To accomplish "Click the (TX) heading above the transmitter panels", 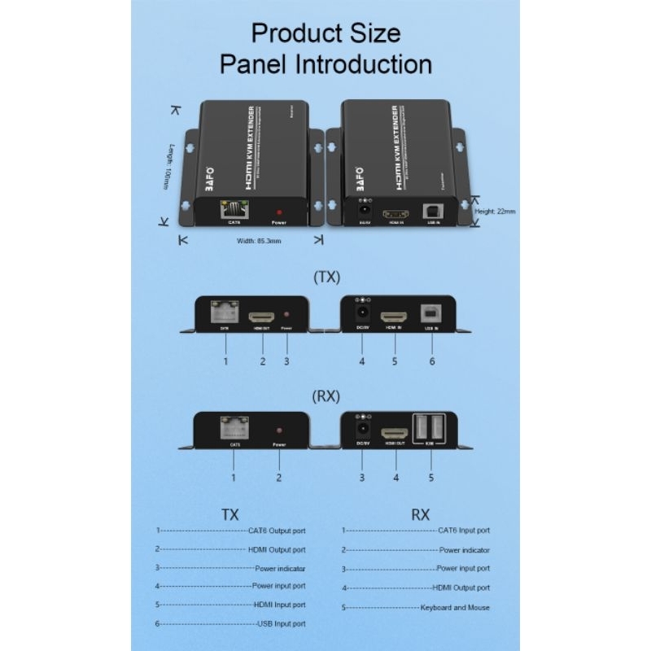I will click(326, 277).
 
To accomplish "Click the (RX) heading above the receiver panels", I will click(326, 396).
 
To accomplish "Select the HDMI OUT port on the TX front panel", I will click(262, 316).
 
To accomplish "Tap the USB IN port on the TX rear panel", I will click(430, 313).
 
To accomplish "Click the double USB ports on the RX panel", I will click(430, 429).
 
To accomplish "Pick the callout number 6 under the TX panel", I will click(431, 360).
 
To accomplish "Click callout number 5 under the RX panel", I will click(431, 478).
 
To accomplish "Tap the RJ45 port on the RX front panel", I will click(234, 429).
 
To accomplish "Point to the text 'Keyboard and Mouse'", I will click(455, 608).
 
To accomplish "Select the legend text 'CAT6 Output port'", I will click(277, 530).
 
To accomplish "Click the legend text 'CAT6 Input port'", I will click(464, 531).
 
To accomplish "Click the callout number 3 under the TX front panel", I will click(286, 360).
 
